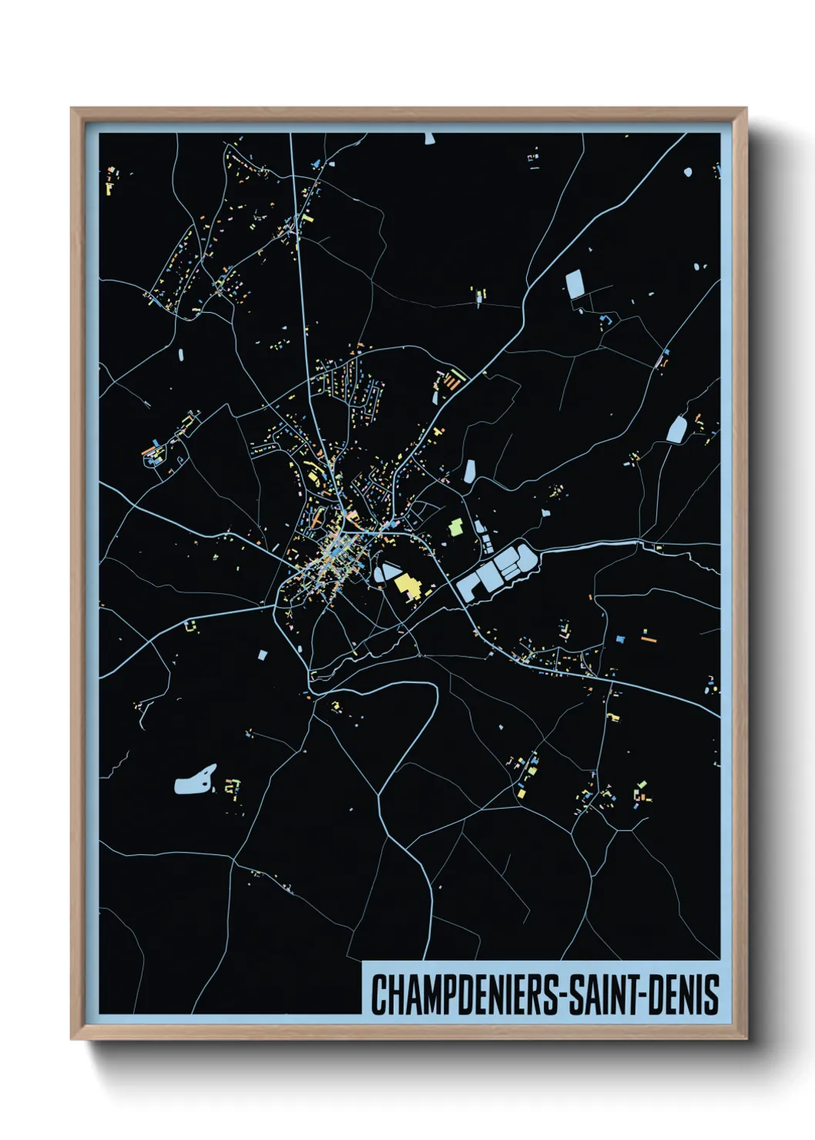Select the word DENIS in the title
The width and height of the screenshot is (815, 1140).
pyautogui.click(x=685, y=994)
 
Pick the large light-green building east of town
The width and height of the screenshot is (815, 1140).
pyautogui.click(x=455, y=528)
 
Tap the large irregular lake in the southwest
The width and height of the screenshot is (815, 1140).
pyautogui.click(x=194, y=780)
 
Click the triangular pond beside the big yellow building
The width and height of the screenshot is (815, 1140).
pyautogui.click(x=386, y=572)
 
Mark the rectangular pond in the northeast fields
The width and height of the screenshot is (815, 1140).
pyautogui.click(x=575, y=284)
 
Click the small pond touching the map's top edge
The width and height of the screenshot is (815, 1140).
pyautogui.click(x=429, y=139)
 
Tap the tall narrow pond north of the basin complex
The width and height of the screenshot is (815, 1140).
pyautogui.click(x=469, y=471)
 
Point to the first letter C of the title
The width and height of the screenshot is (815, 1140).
pyautogui.click(x=378, y=994)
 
